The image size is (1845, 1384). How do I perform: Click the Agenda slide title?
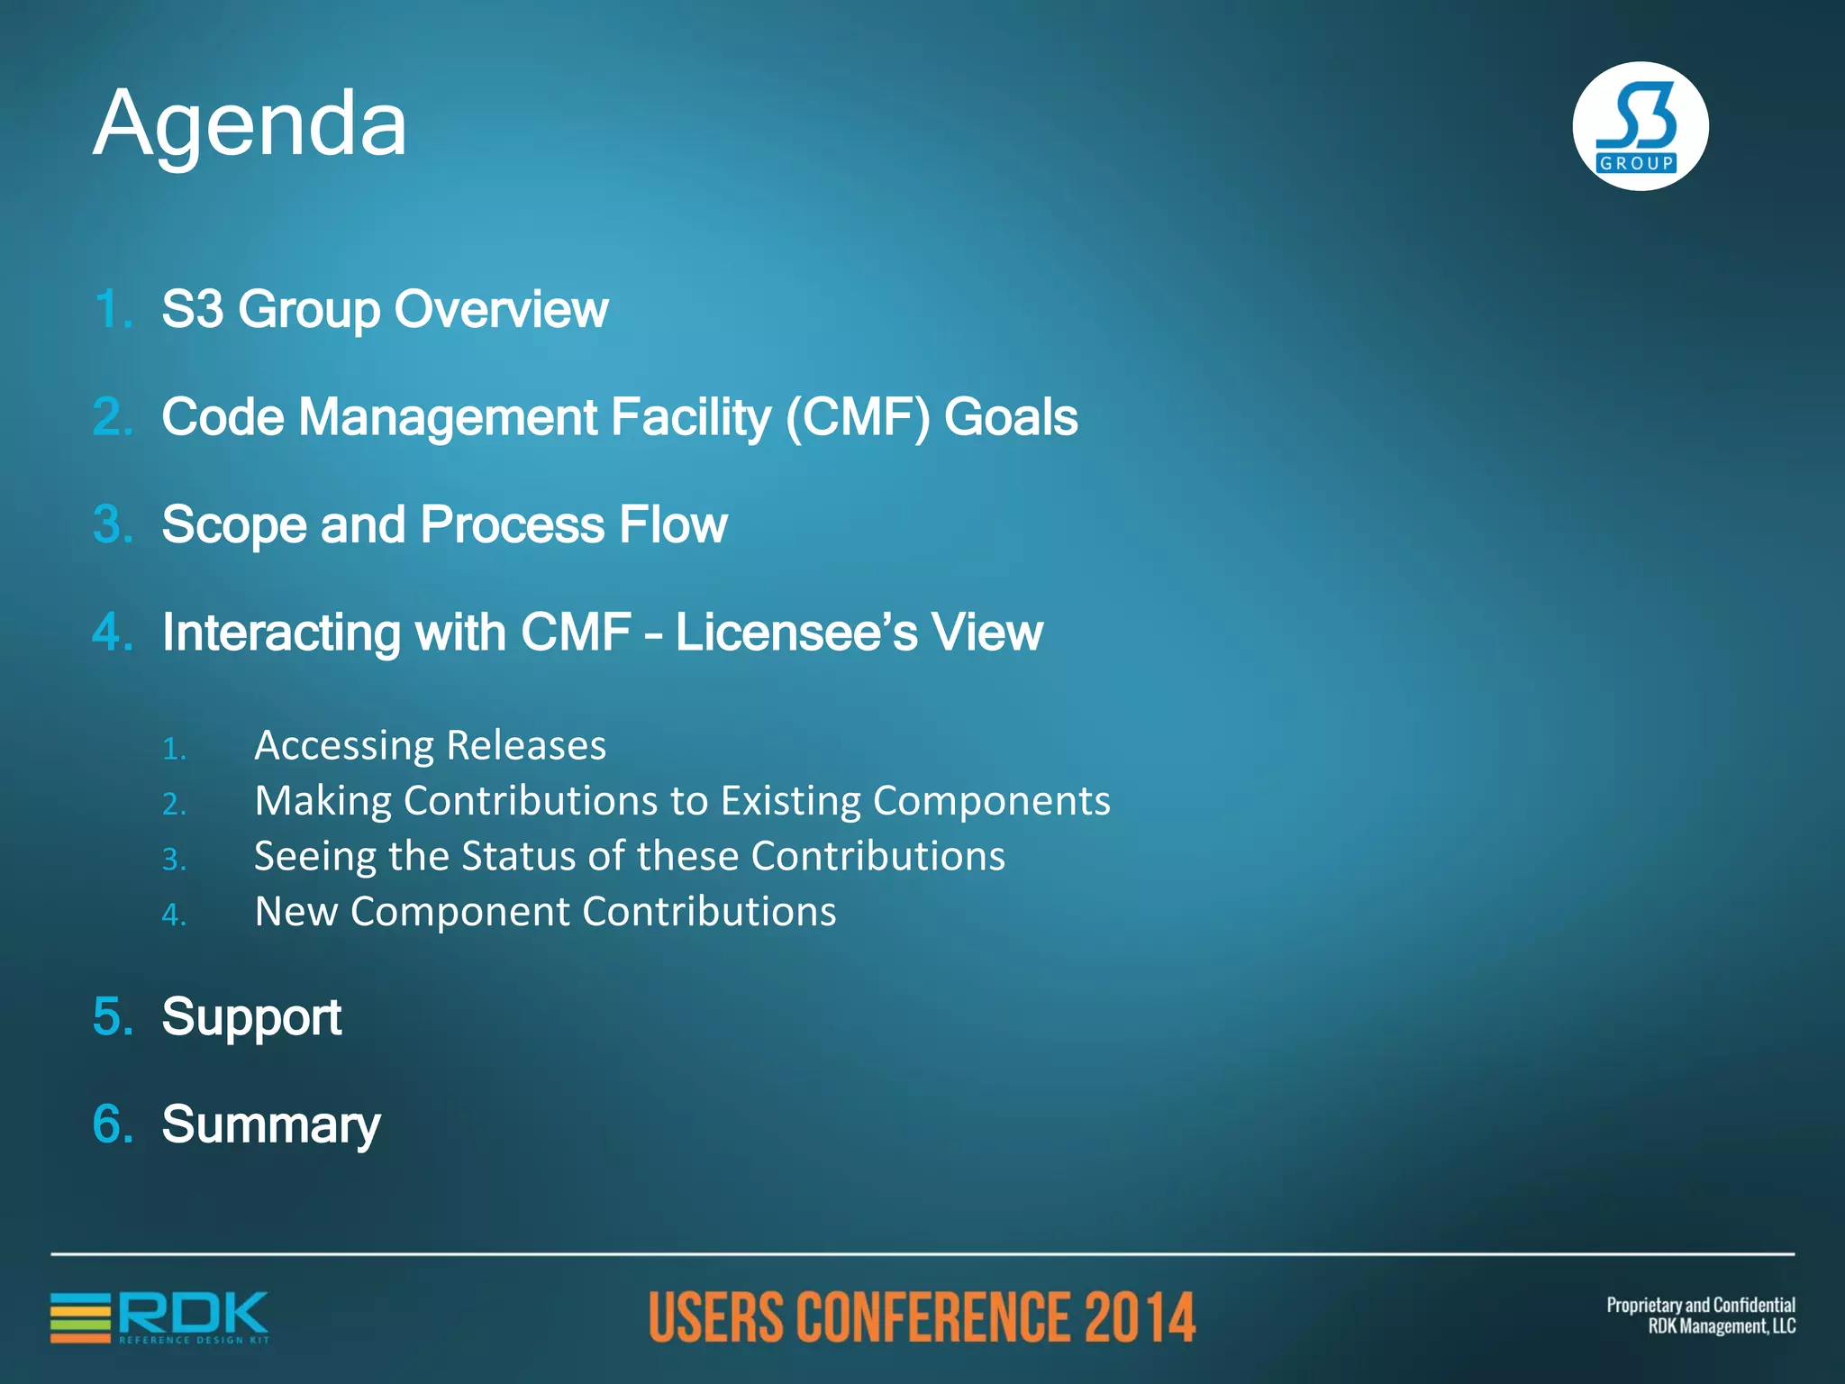pyautogui.click(x=250, y=124)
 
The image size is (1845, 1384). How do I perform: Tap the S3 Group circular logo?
pyautogui.click(x=1640, y=126)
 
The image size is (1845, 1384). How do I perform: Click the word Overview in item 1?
pyautogui.click(x=501, y=310)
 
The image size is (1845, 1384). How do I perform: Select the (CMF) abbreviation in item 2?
pyautogui.click(x=857, y=417)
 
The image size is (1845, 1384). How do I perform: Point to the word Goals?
pyautogui.click(x=1010, y=417)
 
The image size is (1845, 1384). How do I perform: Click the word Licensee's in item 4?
pyautogui.click(x=796, y=632)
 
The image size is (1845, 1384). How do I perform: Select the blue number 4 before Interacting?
pyautogui.click(x=113, y=632)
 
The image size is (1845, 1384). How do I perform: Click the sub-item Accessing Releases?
pyautogui.click(x=430, y=746)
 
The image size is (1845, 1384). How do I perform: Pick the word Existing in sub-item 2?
pyautogui.click(x=789, y=801)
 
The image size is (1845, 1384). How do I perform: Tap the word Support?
pyautogui.click(x=251, y=1017)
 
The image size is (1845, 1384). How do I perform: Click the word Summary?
pyautogui.click(x=270, y=1125)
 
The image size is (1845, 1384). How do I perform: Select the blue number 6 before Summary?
pyautogui.click(x=113, y=1124)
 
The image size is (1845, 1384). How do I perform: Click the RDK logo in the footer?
pyautogui.click(x=160, y=1317)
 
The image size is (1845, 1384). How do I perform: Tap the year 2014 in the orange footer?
pyautogui.click(x=1139, y=1317)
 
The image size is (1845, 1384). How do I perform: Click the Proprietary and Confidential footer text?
pyautogui.click(x=1700, y=1306)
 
